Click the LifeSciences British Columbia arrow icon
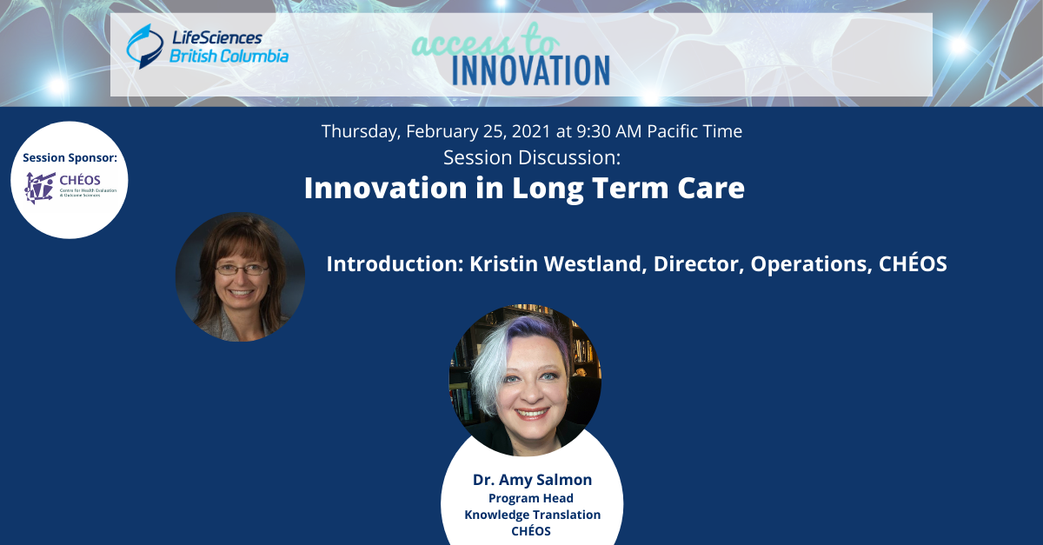(x=144, y=46)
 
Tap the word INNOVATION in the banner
(x=531, y=70)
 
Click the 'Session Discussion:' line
(x=532, y=157)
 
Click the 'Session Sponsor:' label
(x=70, y=158)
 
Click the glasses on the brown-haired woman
(x=242, y=269)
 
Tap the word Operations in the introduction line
(x=811, y=264)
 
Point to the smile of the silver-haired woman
(x=532, y=413)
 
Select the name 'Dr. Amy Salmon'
(x=532, y=480)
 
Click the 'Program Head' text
(x=531, y=498)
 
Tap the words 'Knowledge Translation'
(x=532, y=515)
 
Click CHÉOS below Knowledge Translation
(x=531, y=530)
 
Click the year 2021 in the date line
(x=531, y=131)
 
